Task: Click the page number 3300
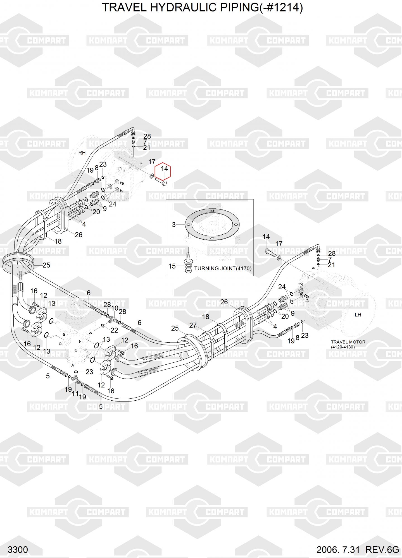pos(18,549)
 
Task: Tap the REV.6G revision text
pos(382,549)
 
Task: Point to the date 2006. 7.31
pos(338,549)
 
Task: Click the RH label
pos(82,153)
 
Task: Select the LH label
pos(358,315)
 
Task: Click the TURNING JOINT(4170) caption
pos(223,268)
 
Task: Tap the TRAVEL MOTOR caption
pos(348,342)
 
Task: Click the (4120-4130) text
pos(343,347)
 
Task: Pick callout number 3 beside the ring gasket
pos(174,225)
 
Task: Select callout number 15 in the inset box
pos(172,266)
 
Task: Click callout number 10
pos(115,308)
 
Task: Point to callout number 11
pos(75,394)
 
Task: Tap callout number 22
pos(114,330)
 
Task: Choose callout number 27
pos(193,325)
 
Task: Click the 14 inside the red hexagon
pos(164,169)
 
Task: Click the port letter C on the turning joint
pos(76,350)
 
